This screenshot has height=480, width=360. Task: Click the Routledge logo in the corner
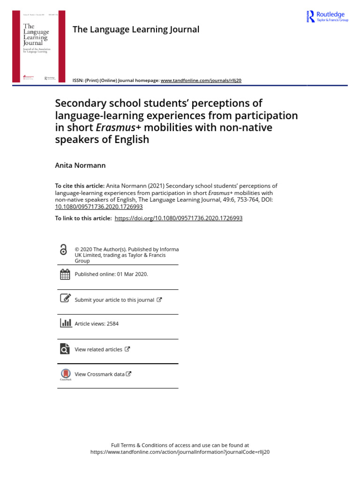pos(327,16)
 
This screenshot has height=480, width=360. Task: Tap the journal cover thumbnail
pos(39,46)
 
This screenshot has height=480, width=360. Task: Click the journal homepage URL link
pos(201,80)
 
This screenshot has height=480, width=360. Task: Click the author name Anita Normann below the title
pos(81,165)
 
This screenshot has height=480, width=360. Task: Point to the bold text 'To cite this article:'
pos(80,186)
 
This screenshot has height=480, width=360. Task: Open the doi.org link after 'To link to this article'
pos(179,218)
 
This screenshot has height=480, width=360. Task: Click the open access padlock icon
pos(64,250)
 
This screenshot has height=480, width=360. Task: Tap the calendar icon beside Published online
pos(65,274)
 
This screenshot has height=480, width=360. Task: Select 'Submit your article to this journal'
pos(114,300)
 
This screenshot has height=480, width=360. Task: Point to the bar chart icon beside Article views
pos(65,323)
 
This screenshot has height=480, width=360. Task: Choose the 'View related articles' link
pos(98,349)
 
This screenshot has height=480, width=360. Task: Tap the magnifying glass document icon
pos(65,349)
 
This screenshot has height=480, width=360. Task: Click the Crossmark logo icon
pos(65,374)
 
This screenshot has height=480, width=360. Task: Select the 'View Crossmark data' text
pos(99,374)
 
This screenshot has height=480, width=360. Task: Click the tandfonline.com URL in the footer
pos(180,452)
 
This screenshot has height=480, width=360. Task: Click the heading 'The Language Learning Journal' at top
pos(136,30)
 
